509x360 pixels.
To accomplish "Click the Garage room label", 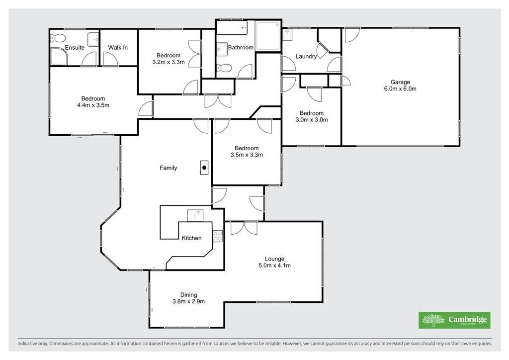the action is pyautogui.click(x=400, y=82).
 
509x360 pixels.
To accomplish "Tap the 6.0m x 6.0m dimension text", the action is pyautogui.click(x=400, y=89).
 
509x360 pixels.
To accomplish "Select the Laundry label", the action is pyautogui.click(x=306, y=57).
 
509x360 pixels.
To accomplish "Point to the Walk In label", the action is pyautogui.click(x=118, y=47).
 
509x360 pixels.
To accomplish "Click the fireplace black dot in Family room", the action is pyautogui.click(x=204, y=168).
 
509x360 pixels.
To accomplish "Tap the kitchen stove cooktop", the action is pyautogui.click(x=218, y=236).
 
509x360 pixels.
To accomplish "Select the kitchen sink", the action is pyautogui.click(x=195, y=215).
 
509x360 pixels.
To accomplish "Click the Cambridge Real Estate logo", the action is pyautogui.click(x=454, y=320).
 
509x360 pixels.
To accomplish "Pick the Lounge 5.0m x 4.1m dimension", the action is pyautogui.click(x=274, y=266).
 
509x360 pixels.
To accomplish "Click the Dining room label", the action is pyautogui.click(x=188, y=295).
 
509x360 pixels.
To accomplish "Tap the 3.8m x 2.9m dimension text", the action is pyautogui.click(x=188, y=301).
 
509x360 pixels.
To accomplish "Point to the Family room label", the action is pyautogui.click(x=168, y=168).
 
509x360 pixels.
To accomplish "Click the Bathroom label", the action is pyautogui.click(x=241, y=47).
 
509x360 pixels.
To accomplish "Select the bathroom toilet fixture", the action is pyautogui.click(x=224, y=68).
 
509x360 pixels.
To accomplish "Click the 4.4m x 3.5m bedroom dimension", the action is pyautogui.click(x=93, y=105).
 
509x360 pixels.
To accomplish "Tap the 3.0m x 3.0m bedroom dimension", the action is pyautogui.click(x=312, y=119).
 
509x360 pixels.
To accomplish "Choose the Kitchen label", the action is pyautogui.click(x=191, y=238).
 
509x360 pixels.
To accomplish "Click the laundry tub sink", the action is pyautogui.click(x=288, y=35).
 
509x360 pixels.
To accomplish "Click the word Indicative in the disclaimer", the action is pyautogui.click(x=28, y=344).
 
